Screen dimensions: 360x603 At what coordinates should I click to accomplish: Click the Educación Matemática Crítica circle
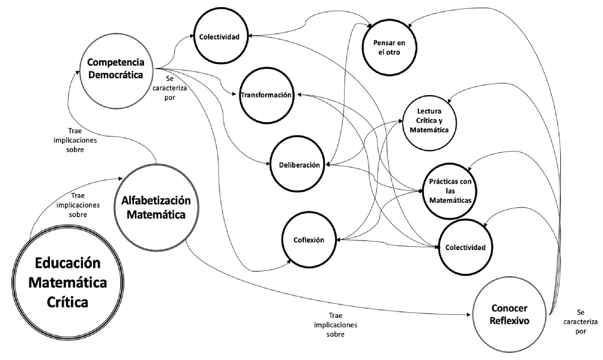point(68,282)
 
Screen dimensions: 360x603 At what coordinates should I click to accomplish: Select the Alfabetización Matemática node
point(156,207)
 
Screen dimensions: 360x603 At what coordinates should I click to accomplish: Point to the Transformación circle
point(266,95)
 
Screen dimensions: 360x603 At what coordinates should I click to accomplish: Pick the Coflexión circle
point(309,240)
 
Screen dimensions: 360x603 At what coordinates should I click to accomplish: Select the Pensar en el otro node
point(389,47)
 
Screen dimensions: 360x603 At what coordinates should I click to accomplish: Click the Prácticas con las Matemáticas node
point(450,191)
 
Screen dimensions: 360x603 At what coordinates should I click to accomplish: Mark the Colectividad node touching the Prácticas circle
point(465,247)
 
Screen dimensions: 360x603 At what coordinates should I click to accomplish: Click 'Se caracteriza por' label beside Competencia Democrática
point(170,88)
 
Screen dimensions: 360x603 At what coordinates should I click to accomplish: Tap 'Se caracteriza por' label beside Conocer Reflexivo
point(581,322)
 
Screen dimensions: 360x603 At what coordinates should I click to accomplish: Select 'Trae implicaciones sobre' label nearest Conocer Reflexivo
point(335,325)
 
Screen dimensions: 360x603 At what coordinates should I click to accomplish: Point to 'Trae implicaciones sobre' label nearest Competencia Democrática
point(75,140)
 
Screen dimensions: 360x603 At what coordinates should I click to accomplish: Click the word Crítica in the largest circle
point(67,302)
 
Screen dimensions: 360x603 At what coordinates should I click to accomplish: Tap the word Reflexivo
point(509,321)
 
